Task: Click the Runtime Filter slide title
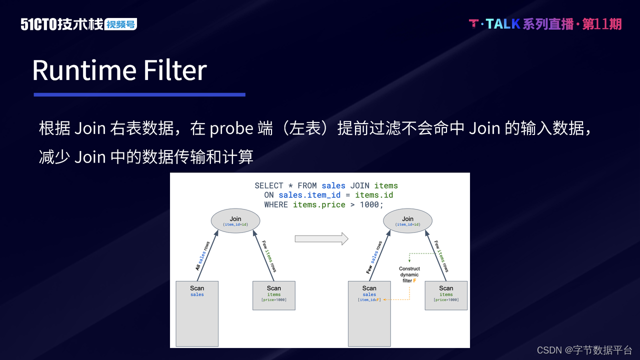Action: (119, 70)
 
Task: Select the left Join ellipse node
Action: (235, 220)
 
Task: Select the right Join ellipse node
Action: (407, 220)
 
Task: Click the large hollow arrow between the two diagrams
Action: (321, 238)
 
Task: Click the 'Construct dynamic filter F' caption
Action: (409, 275)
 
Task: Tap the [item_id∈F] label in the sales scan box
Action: (369, 300)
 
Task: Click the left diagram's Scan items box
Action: (273, 295)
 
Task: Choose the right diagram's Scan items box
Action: (446, 295)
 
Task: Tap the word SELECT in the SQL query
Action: (269, 185)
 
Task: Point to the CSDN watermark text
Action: (584, 350)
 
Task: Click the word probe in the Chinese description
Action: (231, 128)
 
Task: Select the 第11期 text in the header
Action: (602, 24)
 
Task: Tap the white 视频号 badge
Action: (121, 24)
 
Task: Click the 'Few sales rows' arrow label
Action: (374, 257)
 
